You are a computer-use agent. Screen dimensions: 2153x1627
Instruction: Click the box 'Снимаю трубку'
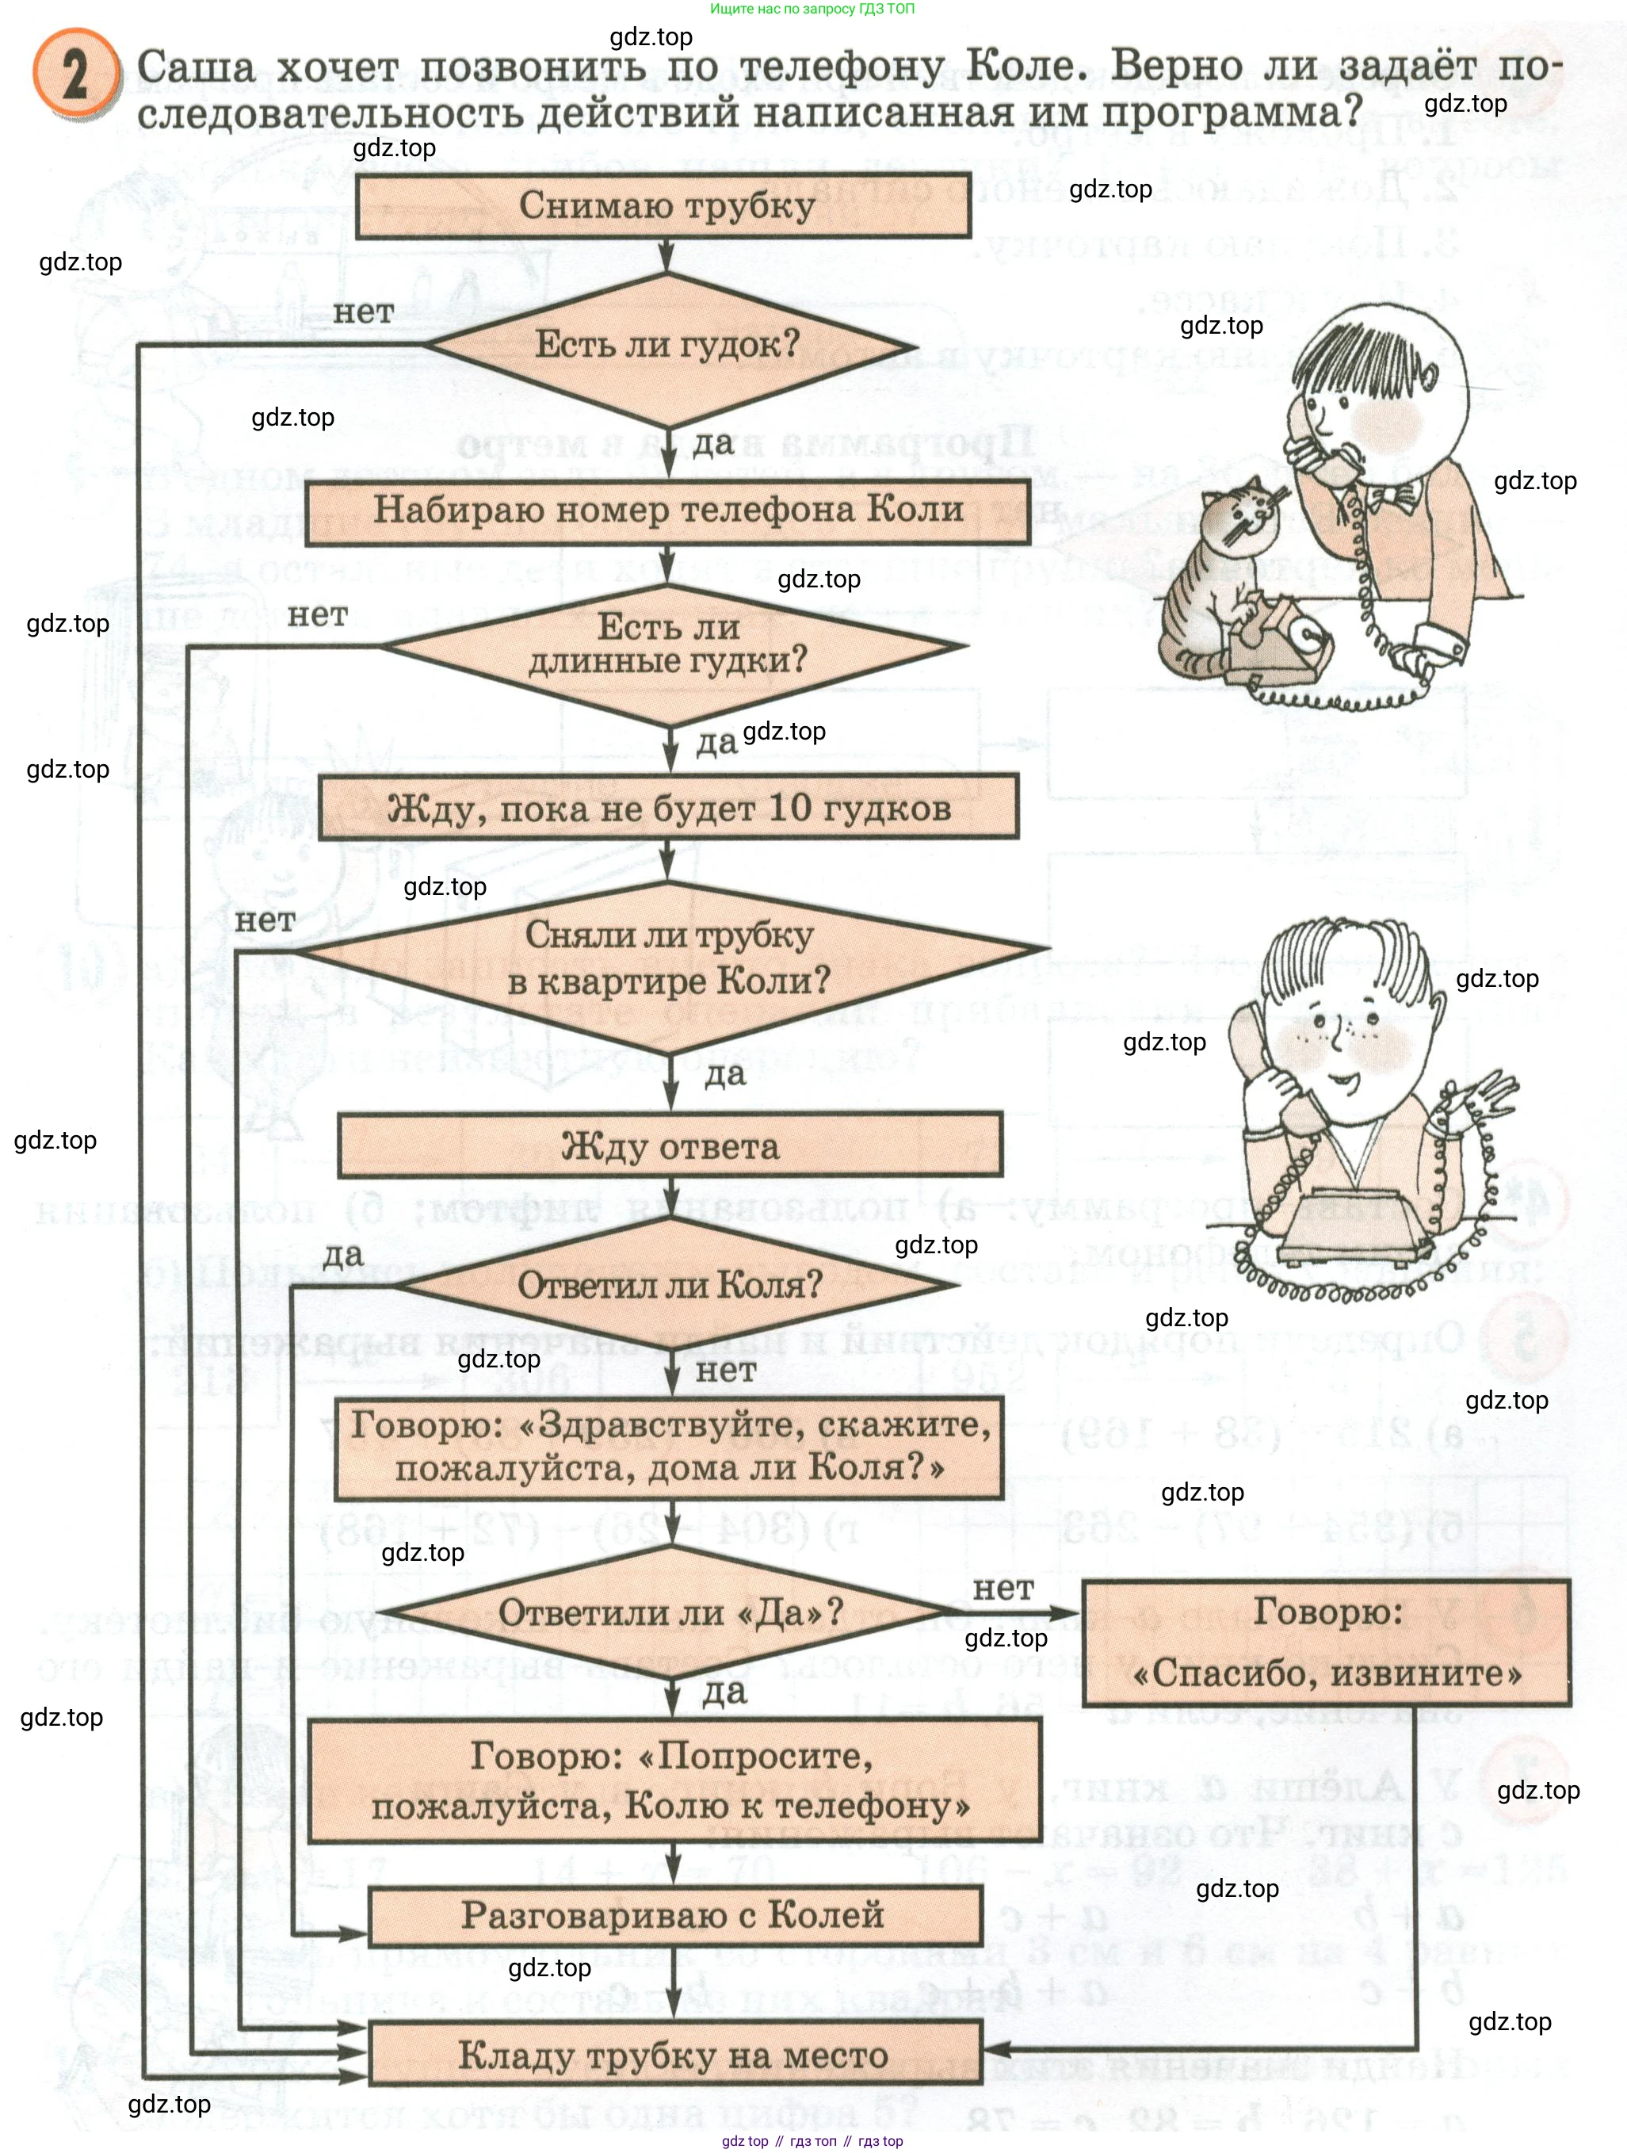[x=663, y=205]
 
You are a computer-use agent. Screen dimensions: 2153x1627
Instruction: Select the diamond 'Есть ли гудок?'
[x=667, y=345]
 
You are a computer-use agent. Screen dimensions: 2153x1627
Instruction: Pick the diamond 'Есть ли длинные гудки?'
[x=670, y=644]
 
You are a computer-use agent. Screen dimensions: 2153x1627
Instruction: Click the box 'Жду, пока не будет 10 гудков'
[x=669, y=807]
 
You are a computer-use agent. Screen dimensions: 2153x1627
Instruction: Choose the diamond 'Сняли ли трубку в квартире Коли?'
[x=670, y=958]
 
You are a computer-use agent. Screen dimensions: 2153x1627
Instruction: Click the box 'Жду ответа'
[x=670, y=1145]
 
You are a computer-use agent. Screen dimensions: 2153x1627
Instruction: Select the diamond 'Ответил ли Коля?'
[x=670, y=1285]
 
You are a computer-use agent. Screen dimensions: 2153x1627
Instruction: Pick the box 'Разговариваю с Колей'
[x=674, y=1914]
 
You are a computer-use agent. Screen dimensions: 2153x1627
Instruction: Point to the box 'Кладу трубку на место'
[x=674, y=2054]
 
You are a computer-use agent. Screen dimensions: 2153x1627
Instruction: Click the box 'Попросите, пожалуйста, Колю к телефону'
[x=674, y=1780]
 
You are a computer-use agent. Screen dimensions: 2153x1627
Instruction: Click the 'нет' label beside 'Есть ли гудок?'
[x=363, y=312]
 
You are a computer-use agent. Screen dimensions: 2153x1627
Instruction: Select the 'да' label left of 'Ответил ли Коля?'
[x=342, y=1256]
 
